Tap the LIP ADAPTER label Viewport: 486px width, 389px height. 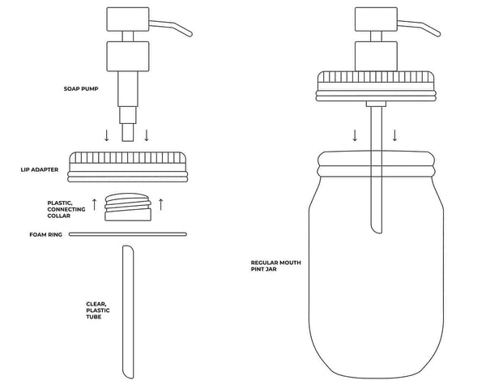[40, 170]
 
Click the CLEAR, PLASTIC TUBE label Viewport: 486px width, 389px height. [98, 310]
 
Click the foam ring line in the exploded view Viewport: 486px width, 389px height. [127, 234]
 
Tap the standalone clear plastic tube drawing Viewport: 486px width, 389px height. [126, 312]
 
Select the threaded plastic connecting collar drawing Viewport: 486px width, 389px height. [128, 207]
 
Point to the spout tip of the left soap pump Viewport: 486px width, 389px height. [190, 35]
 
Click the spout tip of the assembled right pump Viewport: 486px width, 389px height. [438, 35]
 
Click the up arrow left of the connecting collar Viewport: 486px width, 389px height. [94, 205]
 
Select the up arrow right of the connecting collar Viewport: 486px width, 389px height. [161, 205]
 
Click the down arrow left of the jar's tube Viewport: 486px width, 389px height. [354, 135]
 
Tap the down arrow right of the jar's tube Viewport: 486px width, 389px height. [395, 135]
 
